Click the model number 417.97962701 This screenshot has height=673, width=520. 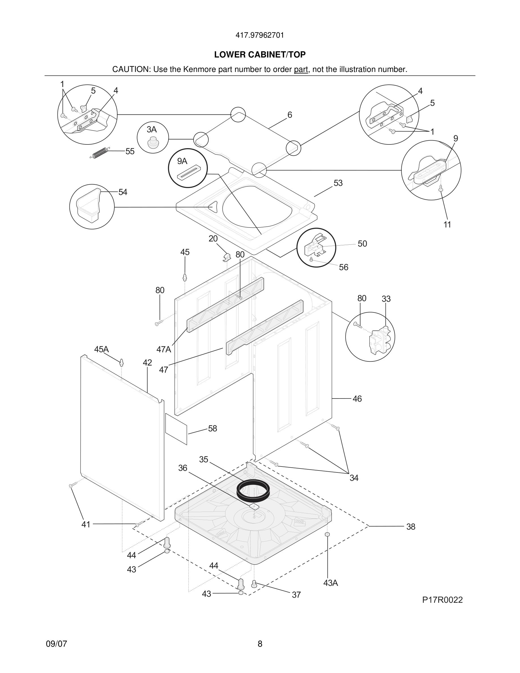[x=260, y=35]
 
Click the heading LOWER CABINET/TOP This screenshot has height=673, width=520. [x=260, y=55]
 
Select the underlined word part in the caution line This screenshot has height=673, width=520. [x=301, y=70]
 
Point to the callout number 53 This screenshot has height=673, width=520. [x=338, y=183]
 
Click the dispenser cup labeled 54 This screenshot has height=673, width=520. [x=89, y=205]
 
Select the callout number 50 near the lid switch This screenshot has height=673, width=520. [x=362, y=244]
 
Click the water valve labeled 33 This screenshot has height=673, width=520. [x=380, y=340]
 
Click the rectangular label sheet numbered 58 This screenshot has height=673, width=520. [x=176, y=429]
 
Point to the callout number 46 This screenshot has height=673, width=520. [x=357, y=399]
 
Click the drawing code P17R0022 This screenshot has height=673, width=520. [x=442, y=600]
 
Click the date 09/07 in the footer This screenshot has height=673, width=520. [x=56, y=644]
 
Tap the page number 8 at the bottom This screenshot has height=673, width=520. [x=260, y=644]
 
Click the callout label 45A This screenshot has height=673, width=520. [x=101, y=350]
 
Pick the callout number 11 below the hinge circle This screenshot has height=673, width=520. [x=447, y=225]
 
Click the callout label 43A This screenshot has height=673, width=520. [x=331, y=583]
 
